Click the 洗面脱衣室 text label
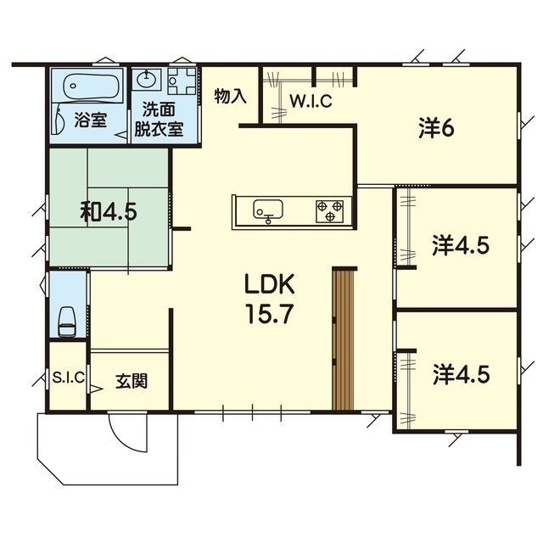click(x=162, y=120)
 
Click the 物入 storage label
click(x=230, y=95)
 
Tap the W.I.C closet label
click(x=311, y=102)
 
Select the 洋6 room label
click(x=437, y=127)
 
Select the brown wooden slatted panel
click(x=343, y=339)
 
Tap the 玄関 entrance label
click(x=131, y=380)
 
